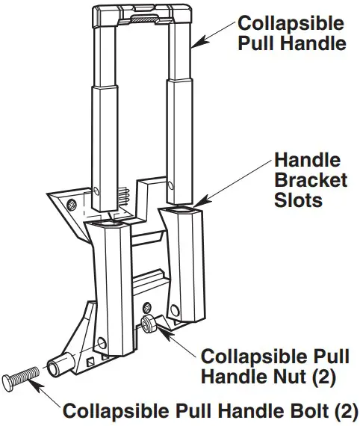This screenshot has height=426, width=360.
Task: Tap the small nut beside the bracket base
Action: point(147,322)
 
